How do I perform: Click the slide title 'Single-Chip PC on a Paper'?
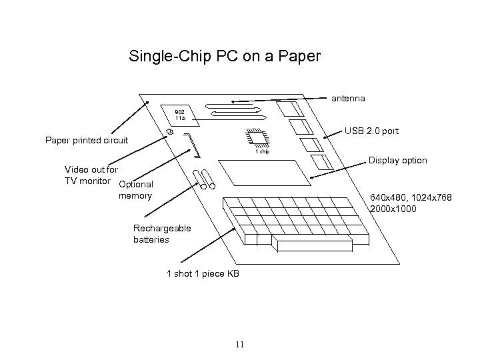(225, 56)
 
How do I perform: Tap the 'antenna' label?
(348, 99)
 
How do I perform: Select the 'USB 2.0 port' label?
(371, 131)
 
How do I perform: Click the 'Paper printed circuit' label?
(86, 141)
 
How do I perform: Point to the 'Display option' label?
(397, 161)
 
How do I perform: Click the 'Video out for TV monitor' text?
(89, 175)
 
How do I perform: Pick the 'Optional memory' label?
(135, 190)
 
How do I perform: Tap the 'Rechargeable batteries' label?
(162, 233)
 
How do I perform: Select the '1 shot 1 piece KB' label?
(203, 274)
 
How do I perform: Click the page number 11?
(240, 344)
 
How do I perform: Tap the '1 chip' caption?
(263, 153)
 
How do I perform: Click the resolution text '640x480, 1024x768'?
(411, 198)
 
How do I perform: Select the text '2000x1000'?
(393, 209)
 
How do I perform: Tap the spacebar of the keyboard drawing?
(309, 245)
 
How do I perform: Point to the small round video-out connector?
(170, 133)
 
